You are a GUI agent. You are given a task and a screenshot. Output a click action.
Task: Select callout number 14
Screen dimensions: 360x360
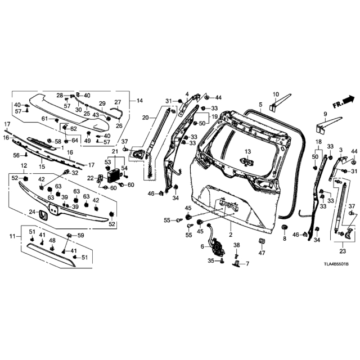click(139, 101)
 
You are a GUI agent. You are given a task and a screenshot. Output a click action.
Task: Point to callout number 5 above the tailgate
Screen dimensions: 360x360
click(260, 105)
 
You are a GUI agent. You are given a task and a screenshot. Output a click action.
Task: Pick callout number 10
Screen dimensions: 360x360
click(276, 94)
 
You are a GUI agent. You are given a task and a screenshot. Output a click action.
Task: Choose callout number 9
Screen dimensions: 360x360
click(325, 114)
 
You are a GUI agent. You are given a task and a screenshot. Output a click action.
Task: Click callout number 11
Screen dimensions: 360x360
click(11, 237)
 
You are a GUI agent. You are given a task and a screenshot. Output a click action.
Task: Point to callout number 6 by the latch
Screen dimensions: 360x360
click(202, 246)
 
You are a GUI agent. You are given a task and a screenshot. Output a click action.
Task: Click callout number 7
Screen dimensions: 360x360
click(247, 264)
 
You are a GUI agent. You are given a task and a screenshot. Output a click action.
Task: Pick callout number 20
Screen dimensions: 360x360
click(145, 118)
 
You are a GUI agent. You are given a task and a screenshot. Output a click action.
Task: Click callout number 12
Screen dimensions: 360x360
click(24, 165)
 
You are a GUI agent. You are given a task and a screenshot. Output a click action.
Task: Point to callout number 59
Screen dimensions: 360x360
click(80, 235)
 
